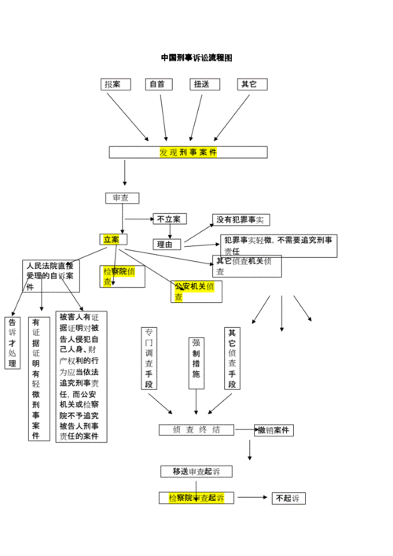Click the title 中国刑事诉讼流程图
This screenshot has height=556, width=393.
[x=196, y=58]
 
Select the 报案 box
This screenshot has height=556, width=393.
[x=116, y=84]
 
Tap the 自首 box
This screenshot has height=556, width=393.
[x=159, y=84]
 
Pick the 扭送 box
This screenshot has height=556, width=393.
[x=204, y=84]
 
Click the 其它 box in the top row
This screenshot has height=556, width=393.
[x=252, y=84]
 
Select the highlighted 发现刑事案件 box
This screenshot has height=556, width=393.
[x=188, y=152]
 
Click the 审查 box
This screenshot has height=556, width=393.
[x=122, y=198]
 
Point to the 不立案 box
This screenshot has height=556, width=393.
[x=170, y=219]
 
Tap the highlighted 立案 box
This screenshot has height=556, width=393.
[x=112, y=239]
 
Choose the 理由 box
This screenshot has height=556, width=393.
[x=167, y=245]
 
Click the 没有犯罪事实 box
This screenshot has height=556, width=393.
[x=241, y=220]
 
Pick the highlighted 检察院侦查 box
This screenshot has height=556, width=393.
[x=123, y=276]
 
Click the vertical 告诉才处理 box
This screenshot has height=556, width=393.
[x=13, y=343]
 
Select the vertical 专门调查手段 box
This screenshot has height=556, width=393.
[x=149, y=358]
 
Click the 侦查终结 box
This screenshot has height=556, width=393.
[x=196, y=430]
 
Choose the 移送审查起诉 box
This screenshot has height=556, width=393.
[x=196, y=471]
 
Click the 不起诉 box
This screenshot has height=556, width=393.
[x=288, y=498]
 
